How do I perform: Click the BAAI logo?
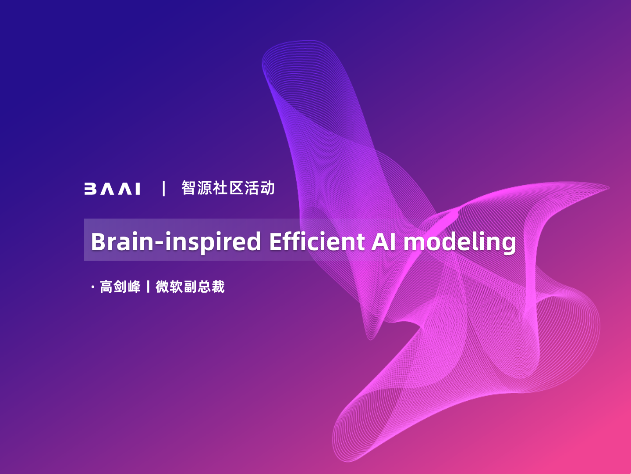(112, 189)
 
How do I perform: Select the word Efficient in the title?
(317, 241)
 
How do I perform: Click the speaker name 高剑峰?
(120, 287)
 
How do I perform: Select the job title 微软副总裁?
(190, 287)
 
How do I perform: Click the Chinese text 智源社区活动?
(228, 188)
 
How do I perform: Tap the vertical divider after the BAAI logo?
(164, 189)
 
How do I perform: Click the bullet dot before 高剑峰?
(92, 287)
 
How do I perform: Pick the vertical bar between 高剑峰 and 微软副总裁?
(148, 287)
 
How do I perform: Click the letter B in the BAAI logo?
(90, 189)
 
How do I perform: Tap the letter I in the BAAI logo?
(138, 189)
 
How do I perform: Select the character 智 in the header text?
(188, 188)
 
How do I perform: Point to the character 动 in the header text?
(267, 188)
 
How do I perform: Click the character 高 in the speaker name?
(106, 287)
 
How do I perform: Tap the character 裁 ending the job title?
(218, 287)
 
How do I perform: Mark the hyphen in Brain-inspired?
(159, 244)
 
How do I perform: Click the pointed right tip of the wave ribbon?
(609, 188)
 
